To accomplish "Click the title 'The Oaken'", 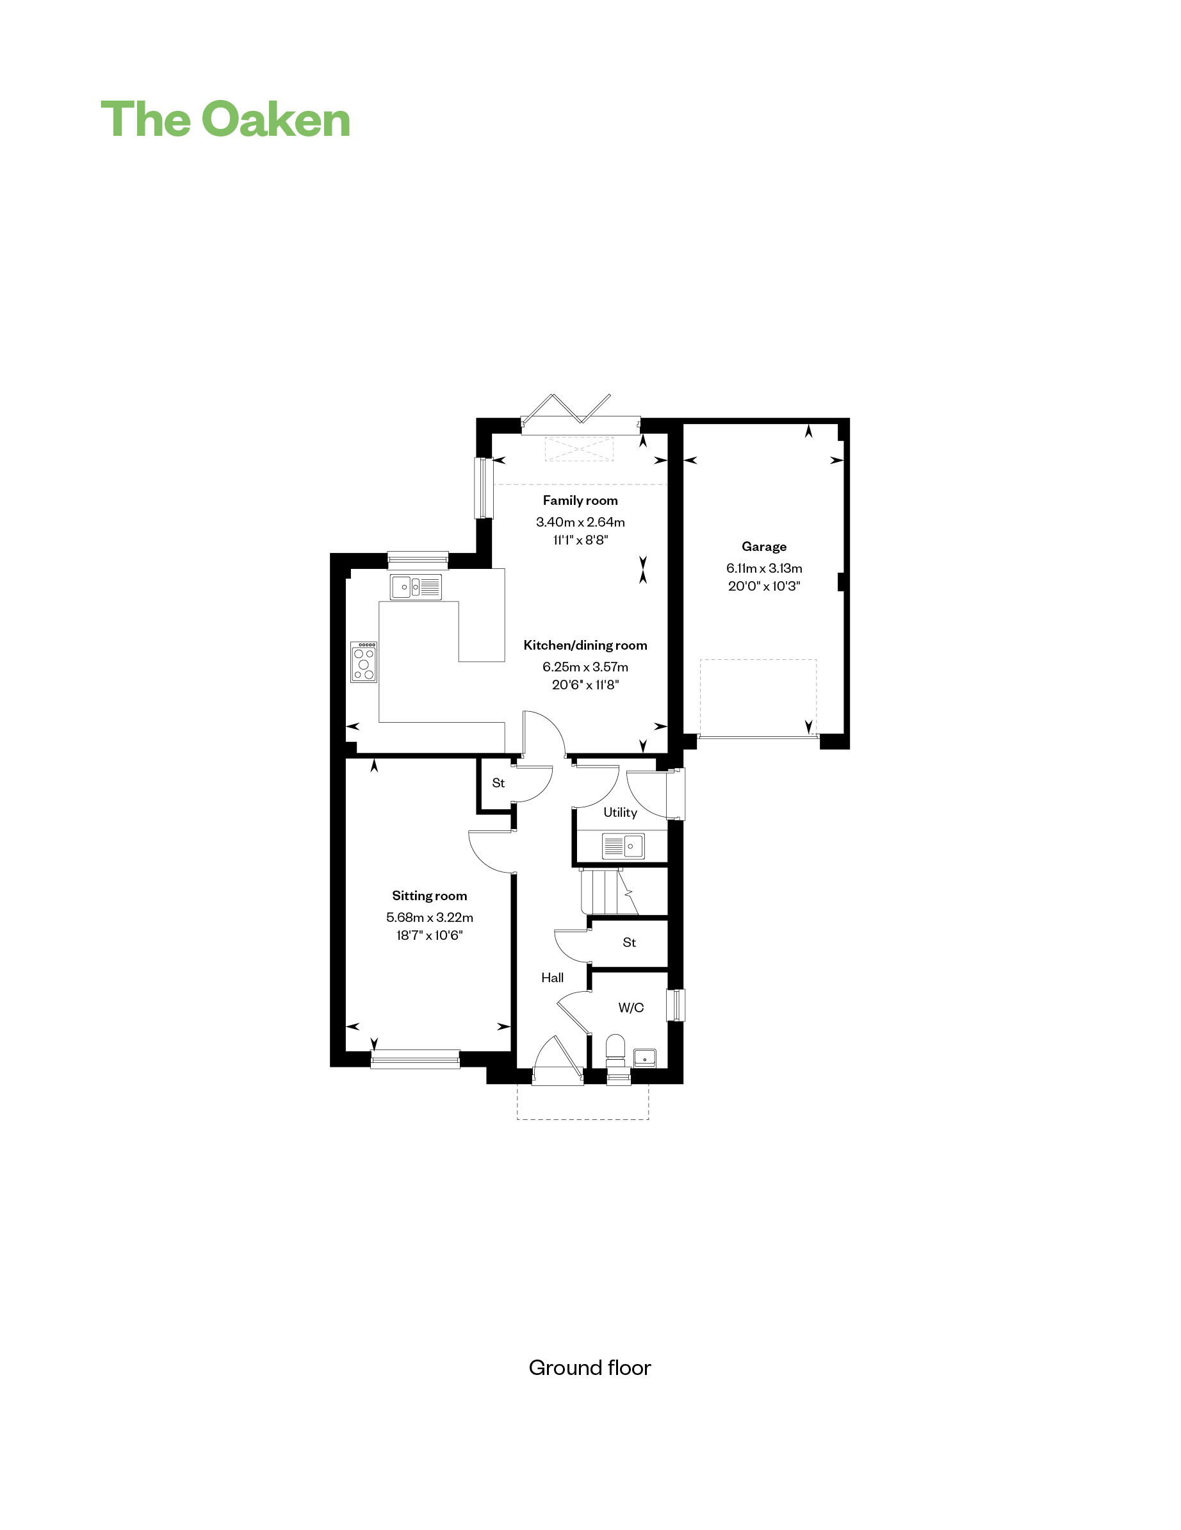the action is pos(225,119).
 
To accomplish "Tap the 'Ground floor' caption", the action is pos(590,1367).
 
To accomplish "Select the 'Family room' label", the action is pos(580,500).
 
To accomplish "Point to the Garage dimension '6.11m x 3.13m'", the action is pos(764,568).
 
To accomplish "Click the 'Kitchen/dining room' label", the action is pos(585,645).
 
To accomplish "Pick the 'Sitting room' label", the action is pos(429,895).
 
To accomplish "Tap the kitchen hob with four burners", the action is pos(364,662).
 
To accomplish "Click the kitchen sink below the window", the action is pos(416,587).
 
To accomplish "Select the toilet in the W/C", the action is pos(615,1050).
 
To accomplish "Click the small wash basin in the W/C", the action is pos(644,1057).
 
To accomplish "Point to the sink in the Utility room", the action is pos(623,846).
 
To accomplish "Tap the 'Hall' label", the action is pos(552,977).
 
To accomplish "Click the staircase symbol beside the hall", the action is pos(610,891).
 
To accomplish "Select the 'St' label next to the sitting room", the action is pos(498,782).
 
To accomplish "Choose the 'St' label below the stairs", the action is pos(629,942).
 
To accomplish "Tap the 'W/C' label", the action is pos(630,1007).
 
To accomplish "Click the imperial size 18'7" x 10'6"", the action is pos(429,935).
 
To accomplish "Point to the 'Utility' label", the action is pos(620,812).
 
